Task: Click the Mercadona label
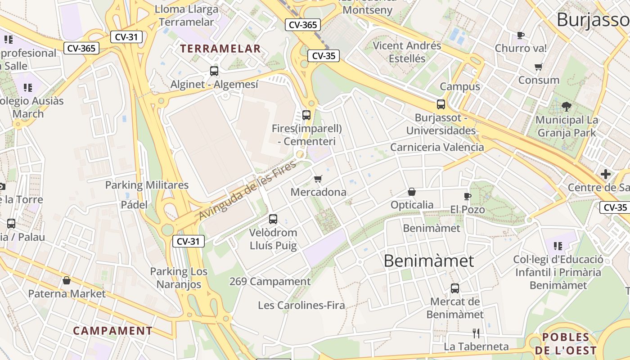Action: point(319,192)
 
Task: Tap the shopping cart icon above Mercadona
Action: point(318,179)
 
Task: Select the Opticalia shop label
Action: point(412,205)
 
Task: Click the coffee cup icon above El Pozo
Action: point(468,196)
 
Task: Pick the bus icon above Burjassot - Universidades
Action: point(441,104)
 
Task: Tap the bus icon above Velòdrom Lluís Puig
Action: point(273,219)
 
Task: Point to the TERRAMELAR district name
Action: point(220,49)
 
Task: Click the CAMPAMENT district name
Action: point(113,331)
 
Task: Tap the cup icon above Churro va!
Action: point(521,35)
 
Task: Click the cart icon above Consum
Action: point(539,67)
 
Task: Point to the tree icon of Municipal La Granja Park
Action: point(567,107)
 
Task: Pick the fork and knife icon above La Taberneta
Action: point(476,333)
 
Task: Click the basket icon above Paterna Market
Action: point(67,281)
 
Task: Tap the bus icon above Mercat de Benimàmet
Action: point(455,288)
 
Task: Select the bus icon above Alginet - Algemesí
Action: point(214,71)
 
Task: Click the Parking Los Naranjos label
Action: point(179,278)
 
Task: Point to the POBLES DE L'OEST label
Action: point(566,344)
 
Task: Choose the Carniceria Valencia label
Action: point(437,147)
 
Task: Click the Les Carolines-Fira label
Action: point(301,305)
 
